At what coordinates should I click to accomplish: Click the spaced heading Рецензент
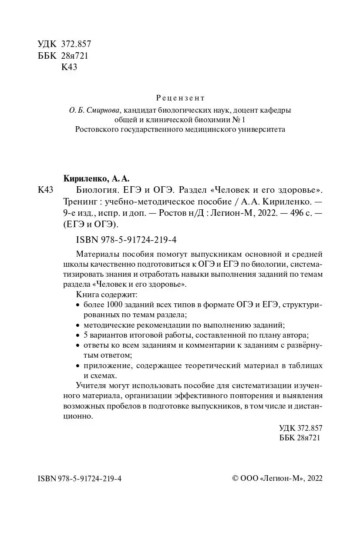tap(180, 98)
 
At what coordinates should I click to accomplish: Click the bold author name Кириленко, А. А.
tap(97, 178)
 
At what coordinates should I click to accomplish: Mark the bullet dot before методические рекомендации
tap(78, 325)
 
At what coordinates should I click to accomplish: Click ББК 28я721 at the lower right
tap(299, 438)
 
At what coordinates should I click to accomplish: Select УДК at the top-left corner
tap(47, 44)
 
